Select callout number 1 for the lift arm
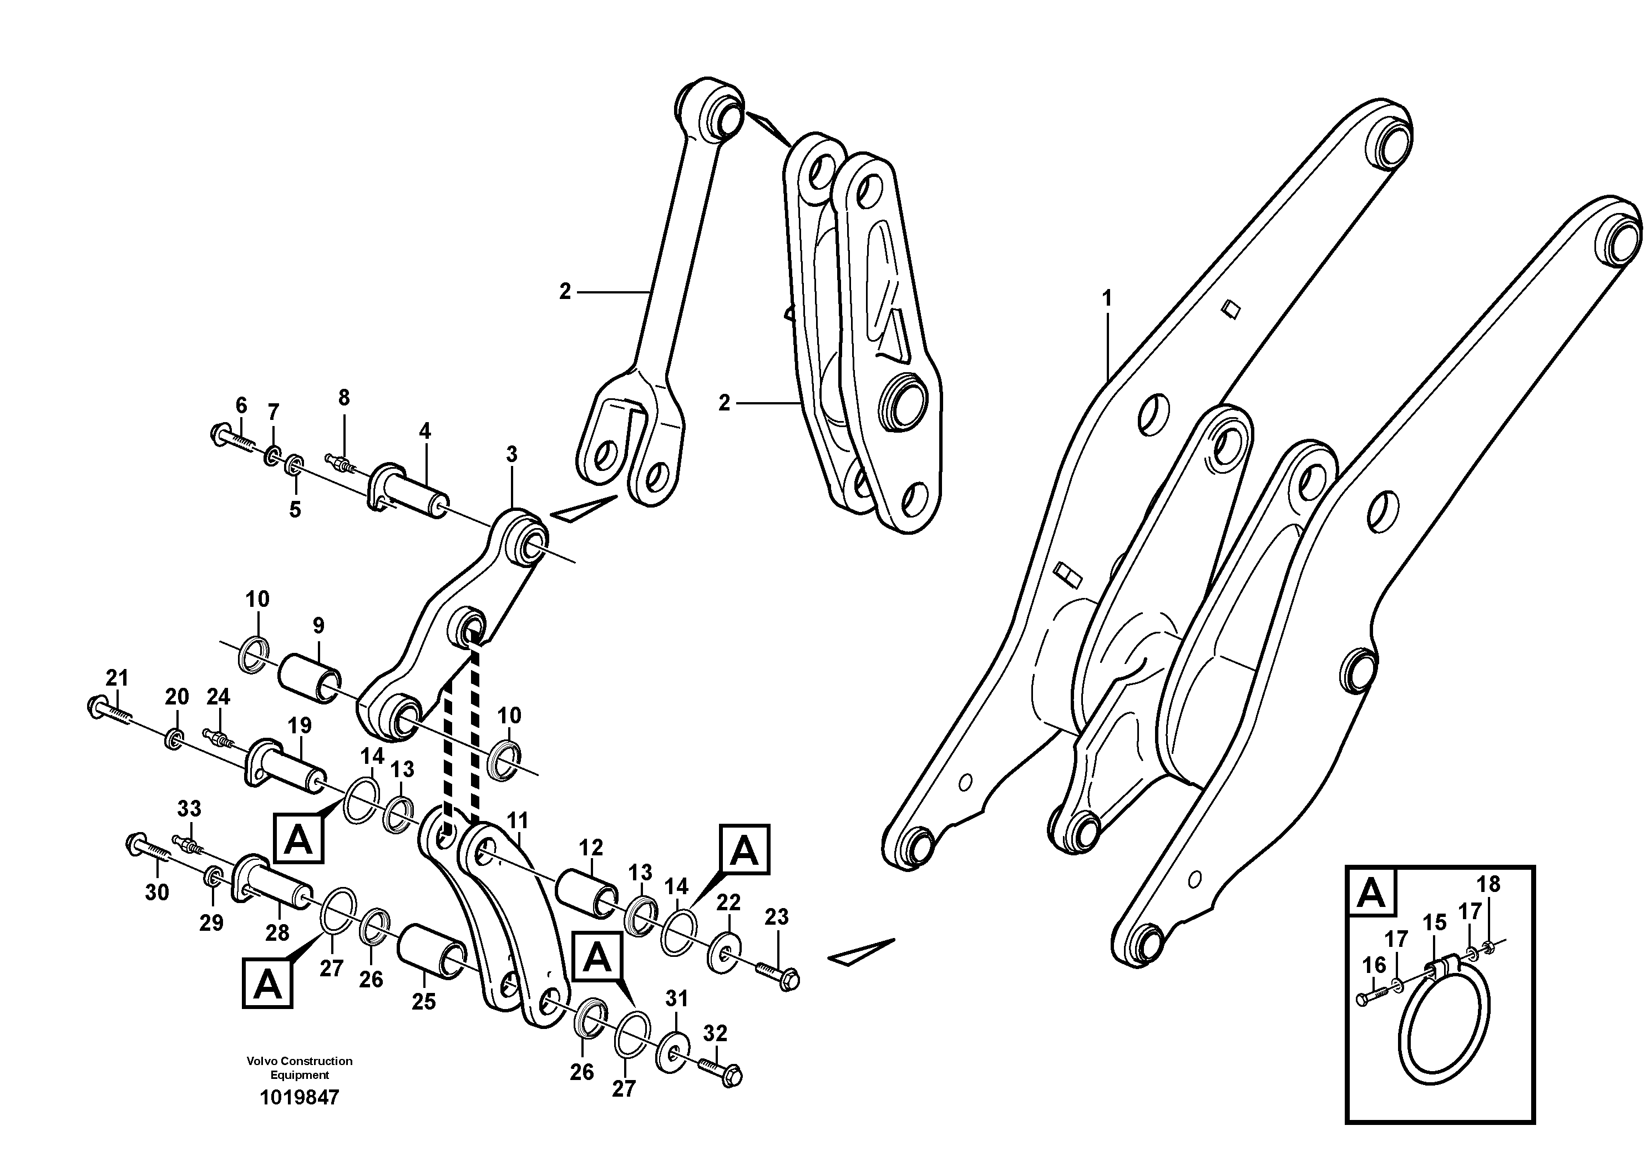[x=1107, y=298]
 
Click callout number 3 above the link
[x=511, y=454]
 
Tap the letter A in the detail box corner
[x=1370, y=894]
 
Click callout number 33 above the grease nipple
[x=189, y=809]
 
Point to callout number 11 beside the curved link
[x=517, y=821]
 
